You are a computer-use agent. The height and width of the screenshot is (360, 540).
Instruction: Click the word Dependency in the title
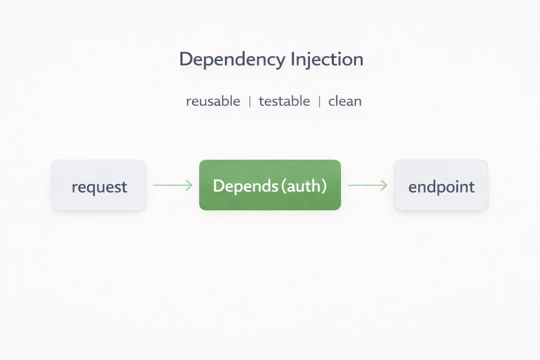pyautogui.click(x=232, y=60)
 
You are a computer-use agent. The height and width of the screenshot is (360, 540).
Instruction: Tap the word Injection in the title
pyautogui.click(x=327, y=59)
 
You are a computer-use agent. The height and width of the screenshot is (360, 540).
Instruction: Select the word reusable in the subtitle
pyautogui.click(x=213, y=101)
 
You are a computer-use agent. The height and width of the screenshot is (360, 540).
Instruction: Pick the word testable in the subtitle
pyautogui.click(x=284, y=101)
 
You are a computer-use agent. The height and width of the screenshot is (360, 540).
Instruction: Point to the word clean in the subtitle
pyautogui.click(x=345, y=101)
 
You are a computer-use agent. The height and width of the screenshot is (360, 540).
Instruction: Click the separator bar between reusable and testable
pyautogui.click(x=250, y=101)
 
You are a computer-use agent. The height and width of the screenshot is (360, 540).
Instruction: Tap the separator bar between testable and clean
pyautogui.click(x=319, y=101)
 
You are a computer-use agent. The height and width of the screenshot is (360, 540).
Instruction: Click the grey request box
pyautogui.click(x=99, y=185)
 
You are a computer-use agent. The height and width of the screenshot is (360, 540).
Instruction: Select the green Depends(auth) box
pyautogui.click(x=270, y=185)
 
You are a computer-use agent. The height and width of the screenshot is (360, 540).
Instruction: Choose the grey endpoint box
pyautogui.click(x=441, y=185)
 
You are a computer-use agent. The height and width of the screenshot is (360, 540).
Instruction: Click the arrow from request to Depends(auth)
pyautogui.click(x=173, y=185)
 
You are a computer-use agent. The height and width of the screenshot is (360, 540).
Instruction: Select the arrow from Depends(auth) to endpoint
pyautogui.click(x=368, y=185)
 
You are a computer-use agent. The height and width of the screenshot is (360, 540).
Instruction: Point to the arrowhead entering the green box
pyautogui.click(x=189, y=185)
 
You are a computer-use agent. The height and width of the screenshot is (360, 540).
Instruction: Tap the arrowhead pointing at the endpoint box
pyautogui.click(x=384, y=185)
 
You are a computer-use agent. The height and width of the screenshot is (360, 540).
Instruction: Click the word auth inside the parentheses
pyautogui.click(x=303, y=186)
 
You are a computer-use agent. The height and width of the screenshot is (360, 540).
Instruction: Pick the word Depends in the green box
pyautogui.click(x=245, y=186)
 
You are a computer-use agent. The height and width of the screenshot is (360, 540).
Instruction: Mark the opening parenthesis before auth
pyautogui.click(x=283, y=186)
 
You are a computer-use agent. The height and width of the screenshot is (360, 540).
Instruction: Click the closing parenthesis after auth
pyautogui.click(x=324, y=186)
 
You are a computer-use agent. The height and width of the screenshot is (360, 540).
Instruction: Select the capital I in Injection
pyautogui.click(x=293, y=59)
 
